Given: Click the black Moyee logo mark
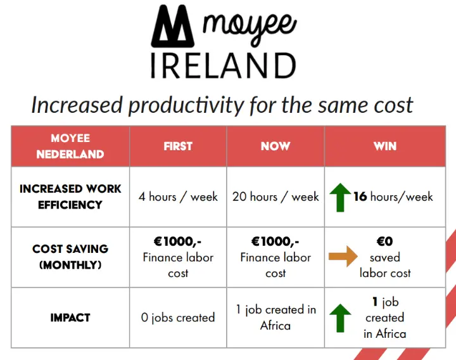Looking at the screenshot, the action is tap(172, 26).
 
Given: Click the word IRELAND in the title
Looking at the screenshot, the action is tap(224, 66).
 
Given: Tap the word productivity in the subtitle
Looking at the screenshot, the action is tap(186, 105).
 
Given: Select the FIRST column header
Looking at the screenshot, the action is tap(178, 146).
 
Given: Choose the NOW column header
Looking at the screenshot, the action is tap(275, 146).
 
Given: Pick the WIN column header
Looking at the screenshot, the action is tap(385, 146).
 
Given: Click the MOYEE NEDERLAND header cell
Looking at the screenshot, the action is tap(70, 146).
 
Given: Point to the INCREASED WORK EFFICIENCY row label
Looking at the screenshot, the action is tap(70, 196).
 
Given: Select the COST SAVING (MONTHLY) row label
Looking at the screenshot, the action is tap(70, 257).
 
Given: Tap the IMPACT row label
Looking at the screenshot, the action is tap(70, 318).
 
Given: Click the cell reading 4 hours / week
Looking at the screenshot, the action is tap(178, 196).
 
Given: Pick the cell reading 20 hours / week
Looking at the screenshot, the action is tap(275, 196).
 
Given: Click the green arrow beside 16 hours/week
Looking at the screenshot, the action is tap(340, 197).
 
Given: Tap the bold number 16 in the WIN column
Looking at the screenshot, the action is tap(360, 196).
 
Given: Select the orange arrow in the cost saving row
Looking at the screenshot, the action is tap(343, 257).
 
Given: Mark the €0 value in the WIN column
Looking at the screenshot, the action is tap(385, 241).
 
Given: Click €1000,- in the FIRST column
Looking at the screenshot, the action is tap(178, 241).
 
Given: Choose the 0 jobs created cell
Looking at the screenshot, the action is tap(178, 318).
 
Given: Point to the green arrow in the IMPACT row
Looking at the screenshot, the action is tap(340, 318).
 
